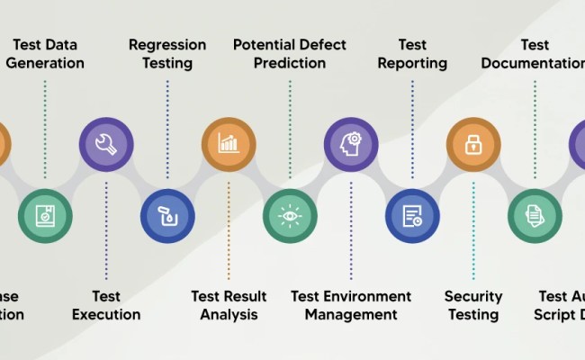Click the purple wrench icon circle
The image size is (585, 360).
106,143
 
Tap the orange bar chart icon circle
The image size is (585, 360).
229,143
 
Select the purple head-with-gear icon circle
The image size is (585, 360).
351,143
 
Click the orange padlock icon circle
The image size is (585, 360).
473,143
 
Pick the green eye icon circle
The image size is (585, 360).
290,216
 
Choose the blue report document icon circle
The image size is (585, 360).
412,216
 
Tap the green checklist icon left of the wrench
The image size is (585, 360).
45,216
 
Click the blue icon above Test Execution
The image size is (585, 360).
167,216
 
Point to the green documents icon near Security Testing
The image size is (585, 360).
535,216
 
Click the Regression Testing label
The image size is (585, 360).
167,54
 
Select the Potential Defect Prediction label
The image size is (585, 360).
290,54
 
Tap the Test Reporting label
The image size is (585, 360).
412,54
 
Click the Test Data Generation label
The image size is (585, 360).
45,54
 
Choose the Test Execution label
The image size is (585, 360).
106,306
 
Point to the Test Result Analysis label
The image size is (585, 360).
229,306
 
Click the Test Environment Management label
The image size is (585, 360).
351,306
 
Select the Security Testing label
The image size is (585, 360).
473,306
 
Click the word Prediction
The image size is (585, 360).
290,63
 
